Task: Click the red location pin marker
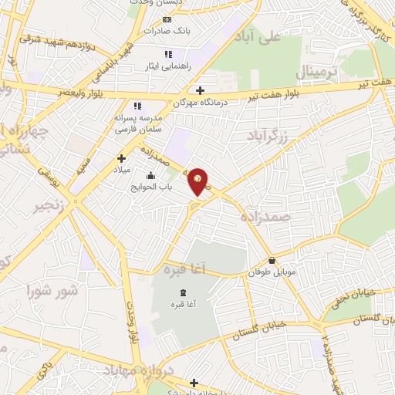tap(198, 181)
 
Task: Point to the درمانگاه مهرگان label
tap(174, 101)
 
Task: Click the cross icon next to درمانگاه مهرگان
tap(201, 90)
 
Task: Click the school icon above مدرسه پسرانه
tap(137, 106)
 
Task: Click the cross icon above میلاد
tap(121, 157)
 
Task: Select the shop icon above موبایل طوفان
tap(272, 261)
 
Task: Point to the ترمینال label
tap(318, 73)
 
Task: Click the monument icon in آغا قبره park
tap(182, 292)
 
